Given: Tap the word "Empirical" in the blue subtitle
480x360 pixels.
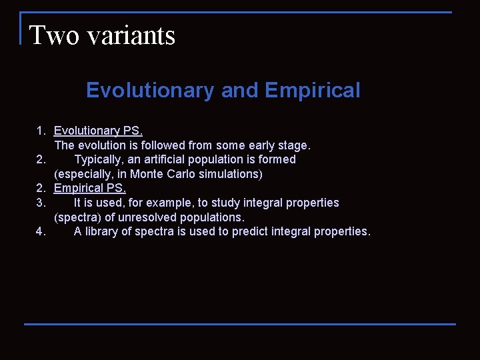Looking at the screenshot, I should [312, 90].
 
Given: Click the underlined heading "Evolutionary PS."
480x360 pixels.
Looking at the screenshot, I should [98, 131].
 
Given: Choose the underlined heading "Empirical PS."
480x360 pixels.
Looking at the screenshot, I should [89, 188].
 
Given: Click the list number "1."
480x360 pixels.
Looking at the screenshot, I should [41, 131].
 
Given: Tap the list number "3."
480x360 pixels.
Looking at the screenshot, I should [41, 203].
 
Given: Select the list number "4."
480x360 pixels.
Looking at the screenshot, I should [41, 231].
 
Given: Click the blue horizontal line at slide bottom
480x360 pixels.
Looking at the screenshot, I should [240, 324].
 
